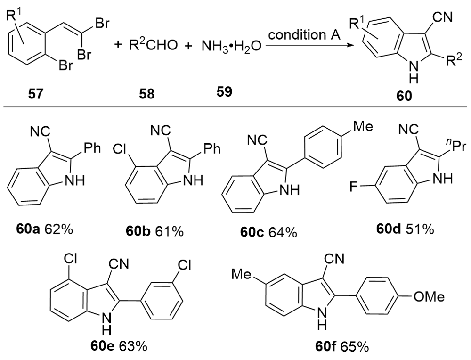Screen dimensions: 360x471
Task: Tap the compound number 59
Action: click(x=224, y=91)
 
